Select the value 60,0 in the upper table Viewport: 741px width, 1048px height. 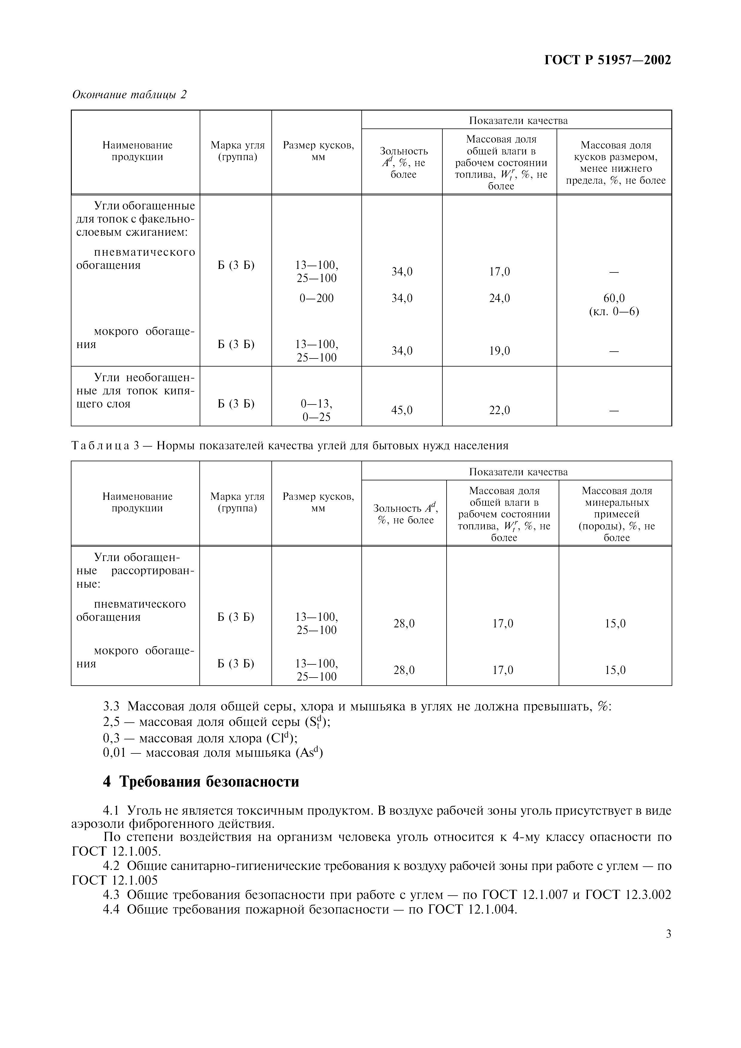[x=614, y=298]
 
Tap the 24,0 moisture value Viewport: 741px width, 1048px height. [x=499, y=298]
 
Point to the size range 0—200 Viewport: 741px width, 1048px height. [x=317, y=298]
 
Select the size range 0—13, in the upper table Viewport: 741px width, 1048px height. [x=317, y=404]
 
